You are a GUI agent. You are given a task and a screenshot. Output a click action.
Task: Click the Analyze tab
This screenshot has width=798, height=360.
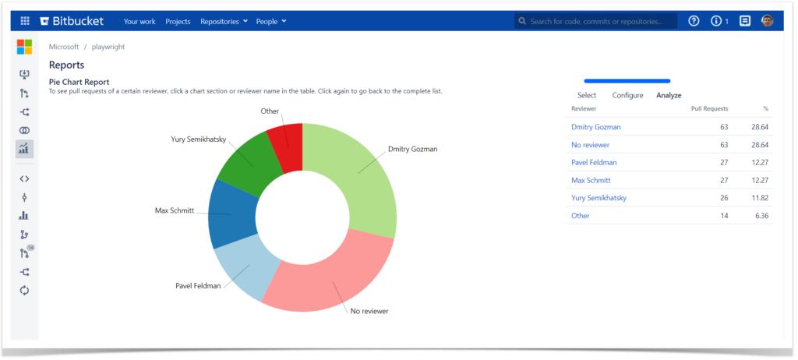(x=669, y=95)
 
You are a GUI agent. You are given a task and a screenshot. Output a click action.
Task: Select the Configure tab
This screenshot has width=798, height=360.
(x=627, y=95)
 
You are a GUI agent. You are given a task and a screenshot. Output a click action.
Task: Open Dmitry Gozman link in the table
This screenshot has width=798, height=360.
(x=595, y=126)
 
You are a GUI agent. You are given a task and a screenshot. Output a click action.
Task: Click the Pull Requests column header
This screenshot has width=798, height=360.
(x=709, y=109)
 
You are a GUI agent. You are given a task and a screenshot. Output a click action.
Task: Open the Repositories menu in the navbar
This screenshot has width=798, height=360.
(x=224, y=21)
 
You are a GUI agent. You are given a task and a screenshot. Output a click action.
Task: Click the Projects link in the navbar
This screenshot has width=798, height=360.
(x=178, y=21)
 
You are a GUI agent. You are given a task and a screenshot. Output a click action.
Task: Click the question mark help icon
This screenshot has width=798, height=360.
(x=694, y=21)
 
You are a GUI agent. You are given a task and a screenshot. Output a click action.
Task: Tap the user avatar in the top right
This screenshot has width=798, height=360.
(x=768, y=21)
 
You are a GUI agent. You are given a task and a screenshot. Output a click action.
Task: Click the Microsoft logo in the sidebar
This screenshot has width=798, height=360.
(x=24, y=47)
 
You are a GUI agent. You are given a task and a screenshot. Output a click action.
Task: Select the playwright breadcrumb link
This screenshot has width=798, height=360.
(x=108, y=47)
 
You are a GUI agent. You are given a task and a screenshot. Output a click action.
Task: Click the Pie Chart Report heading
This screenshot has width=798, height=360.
(x=79, y=82)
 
